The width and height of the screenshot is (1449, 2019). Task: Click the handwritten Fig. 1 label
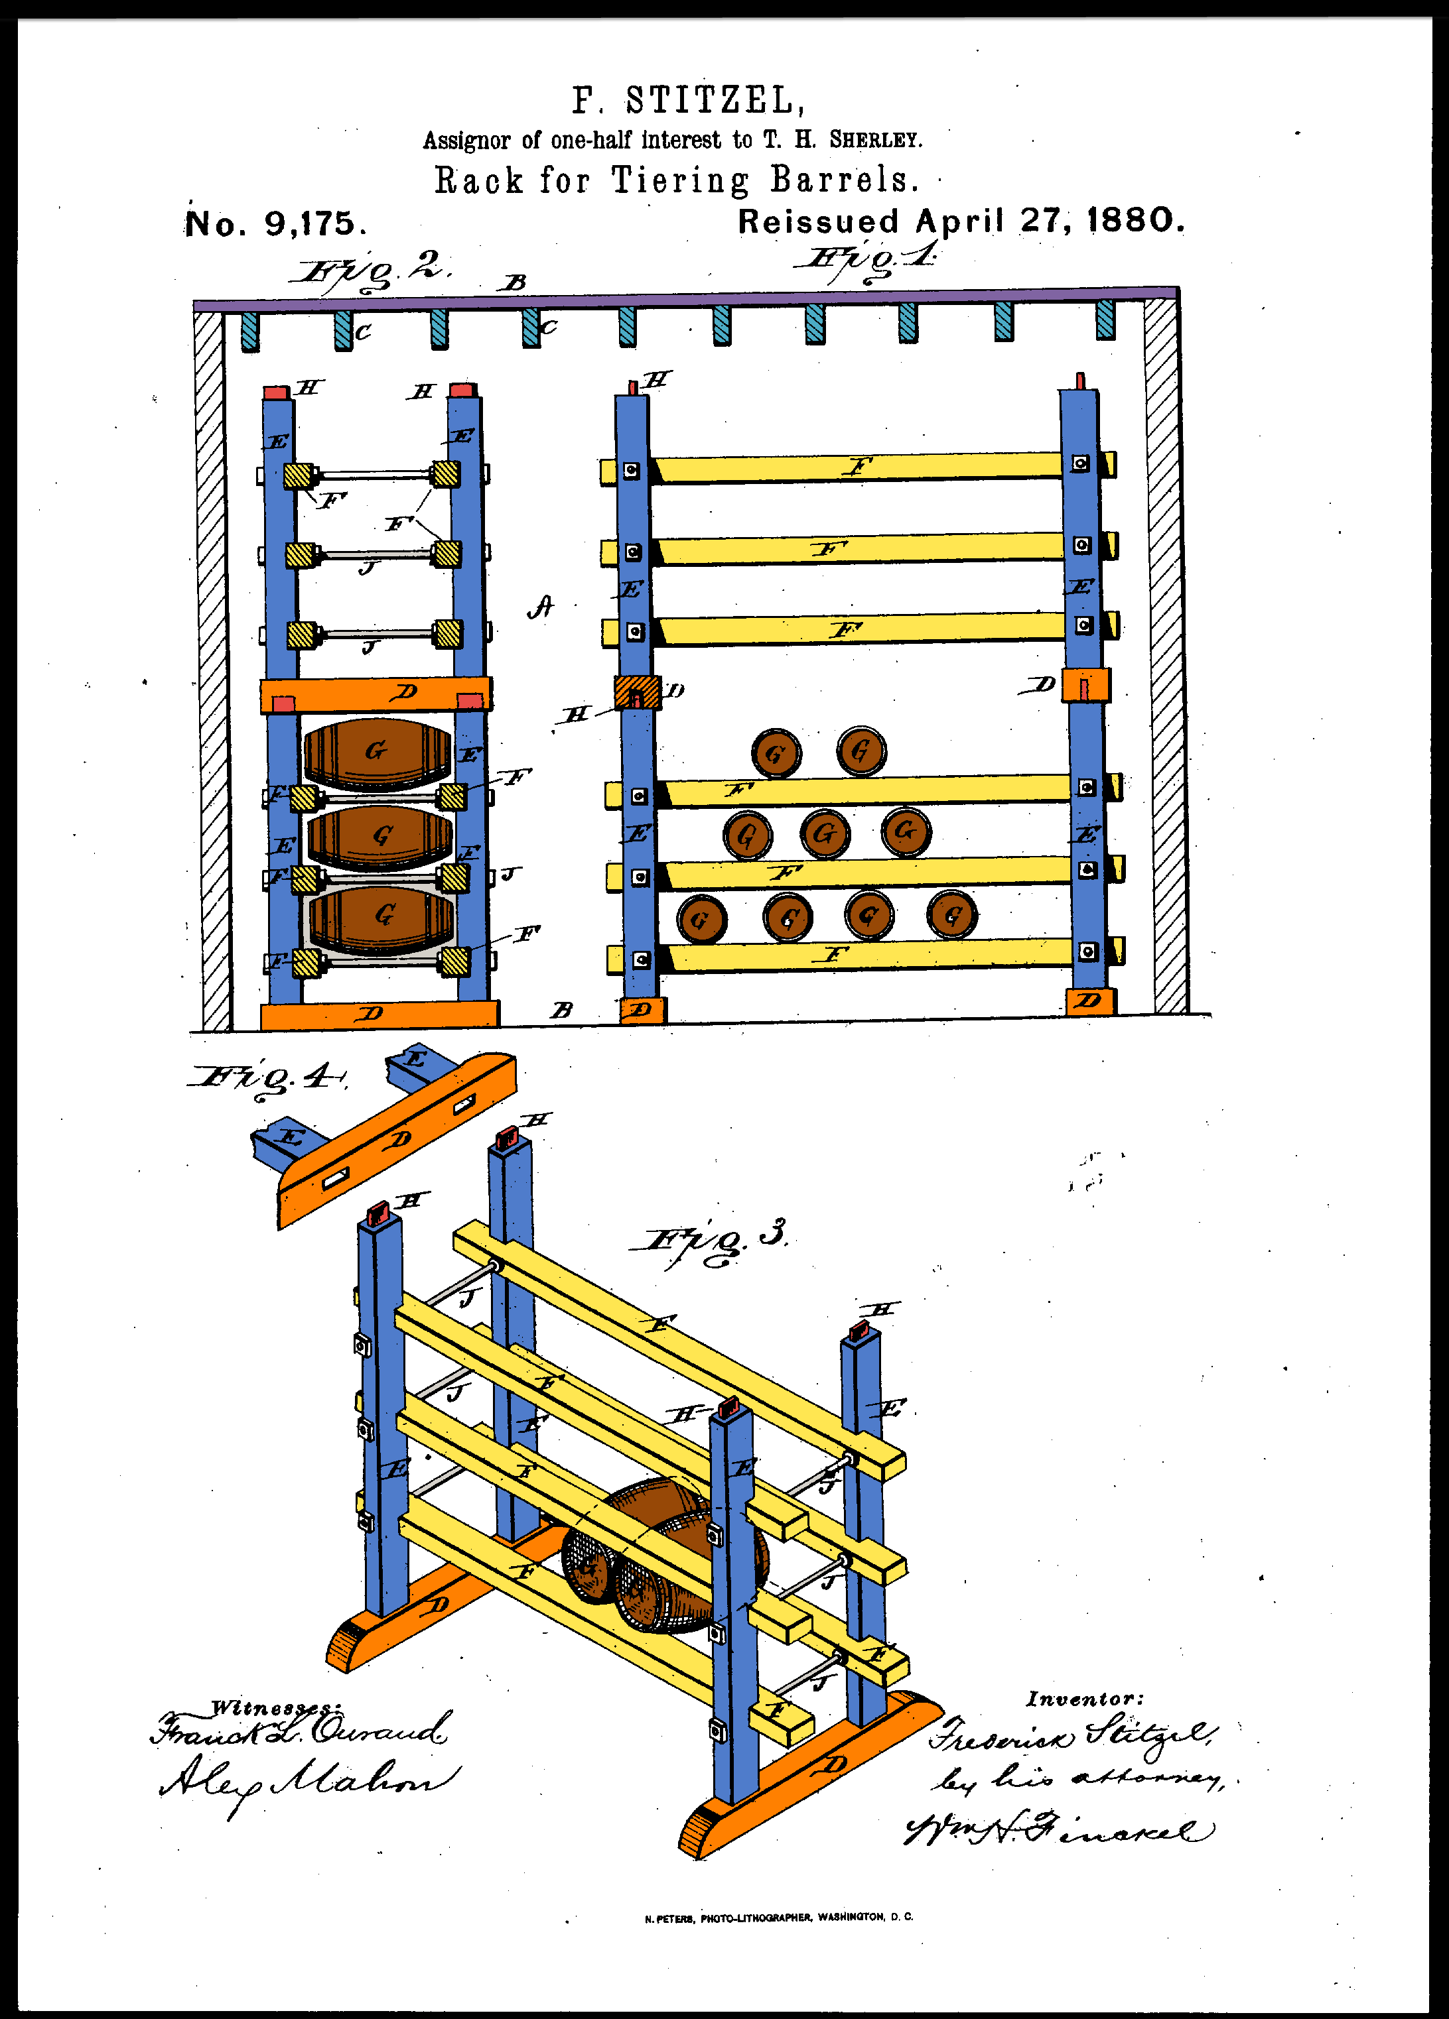[868, 260]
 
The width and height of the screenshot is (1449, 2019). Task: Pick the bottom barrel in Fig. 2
[382, 918]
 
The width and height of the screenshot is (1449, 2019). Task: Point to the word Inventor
[1084, 1699]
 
